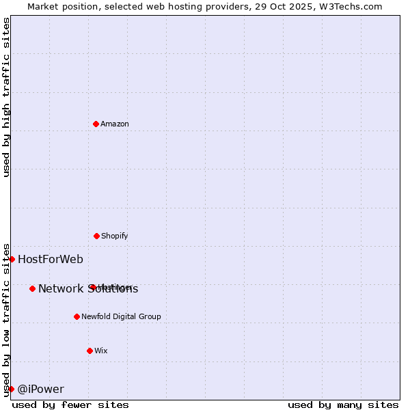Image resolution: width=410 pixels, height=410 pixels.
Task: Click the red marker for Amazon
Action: click(96, 124)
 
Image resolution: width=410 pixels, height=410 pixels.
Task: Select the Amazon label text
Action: click(115, 124)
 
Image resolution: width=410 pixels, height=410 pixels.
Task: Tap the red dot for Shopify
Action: click(96, 236)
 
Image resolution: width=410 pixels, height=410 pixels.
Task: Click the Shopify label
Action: click(115, 236)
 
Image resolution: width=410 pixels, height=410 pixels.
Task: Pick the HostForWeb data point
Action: click(12, 259)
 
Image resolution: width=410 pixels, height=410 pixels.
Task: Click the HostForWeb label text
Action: click(51, 259)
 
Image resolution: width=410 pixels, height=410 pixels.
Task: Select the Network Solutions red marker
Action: click(32, 288)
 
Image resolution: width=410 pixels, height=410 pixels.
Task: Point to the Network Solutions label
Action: click(88, 289)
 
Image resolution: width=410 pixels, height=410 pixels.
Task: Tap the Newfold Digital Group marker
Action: click(77, 316)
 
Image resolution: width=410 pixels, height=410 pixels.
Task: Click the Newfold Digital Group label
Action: click(122, 316)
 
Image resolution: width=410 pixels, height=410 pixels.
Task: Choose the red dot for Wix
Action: click(90, 351)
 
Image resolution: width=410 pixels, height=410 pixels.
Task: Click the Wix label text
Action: click(101, 351)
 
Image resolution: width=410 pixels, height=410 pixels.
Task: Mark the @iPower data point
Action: click(11, 389)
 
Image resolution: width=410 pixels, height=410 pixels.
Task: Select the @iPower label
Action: click(41, 389)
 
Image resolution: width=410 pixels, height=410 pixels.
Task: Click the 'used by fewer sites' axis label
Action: click(70, 405)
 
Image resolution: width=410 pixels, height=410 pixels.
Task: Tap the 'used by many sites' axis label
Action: click(343, 405)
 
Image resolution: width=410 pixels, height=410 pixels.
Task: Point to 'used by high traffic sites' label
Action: click(6, 97)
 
